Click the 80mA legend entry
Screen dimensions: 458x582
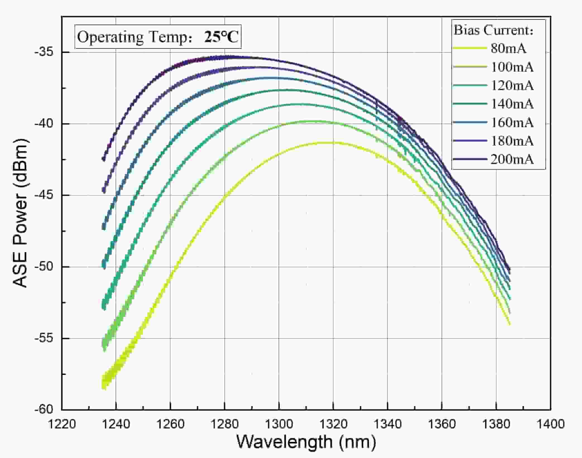click(x=508, y=48)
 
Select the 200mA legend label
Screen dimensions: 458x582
click(x=512, y=159)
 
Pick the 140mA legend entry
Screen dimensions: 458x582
click(x=512, y=104)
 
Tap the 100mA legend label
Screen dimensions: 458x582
click(x=512, y=67)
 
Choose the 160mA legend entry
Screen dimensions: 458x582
click(x=512, y=122)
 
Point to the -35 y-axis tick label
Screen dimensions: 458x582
click(x=44, y=52)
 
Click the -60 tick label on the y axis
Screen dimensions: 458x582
click(x=44, y=409)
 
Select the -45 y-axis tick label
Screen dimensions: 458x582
click(x=44, y=195)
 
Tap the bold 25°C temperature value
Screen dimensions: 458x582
click(x=221, y=37)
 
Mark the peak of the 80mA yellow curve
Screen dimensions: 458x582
click(x=327, y=143)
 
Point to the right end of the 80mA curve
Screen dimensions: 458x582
click(x=510, y=324)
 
